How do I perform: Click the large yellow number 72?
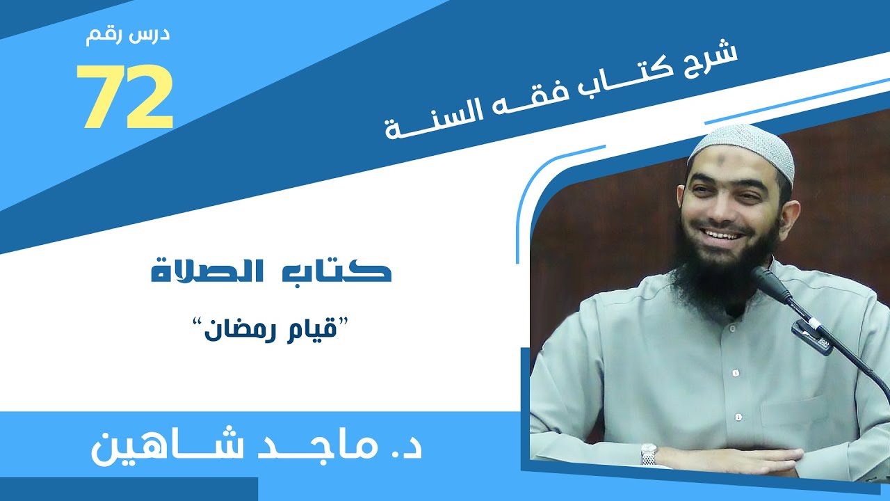pos(124,97)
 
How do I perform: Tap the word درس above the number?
pos(151,36)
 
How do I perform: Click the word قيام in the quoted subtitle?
pos(313,327)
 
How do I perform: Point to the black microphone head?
pos(770,283)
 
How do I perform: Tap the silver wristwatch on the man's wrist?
pos(648,454)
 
